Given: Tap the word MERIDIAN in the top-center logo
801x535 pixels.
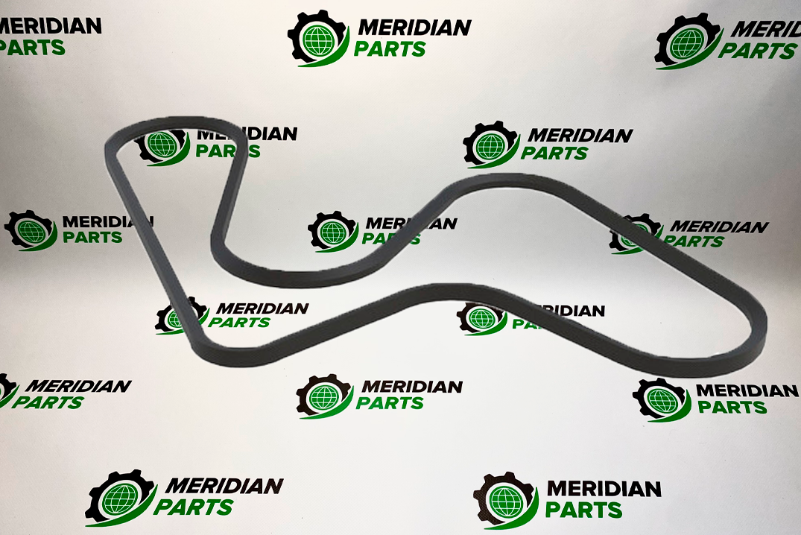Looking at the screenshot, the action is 414,28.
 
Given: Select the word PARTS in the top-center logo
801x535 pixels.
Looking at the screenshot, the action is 390,50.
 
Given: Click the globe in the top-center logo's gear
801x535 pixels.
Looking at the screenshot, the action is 317,41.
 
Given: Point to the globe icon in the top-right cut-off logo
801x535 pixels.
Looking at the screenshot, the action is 688,44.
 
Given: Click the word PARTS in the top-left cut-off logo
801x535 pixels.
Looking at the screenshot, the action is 32,48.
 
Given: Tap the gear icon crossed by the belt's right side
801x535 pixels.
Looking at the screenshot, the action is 633,233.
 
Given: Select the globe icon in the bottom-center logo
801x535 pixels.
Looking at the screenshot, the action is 324,396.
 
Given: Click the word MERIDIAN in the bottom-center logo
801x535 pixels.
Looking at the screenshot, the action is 412,387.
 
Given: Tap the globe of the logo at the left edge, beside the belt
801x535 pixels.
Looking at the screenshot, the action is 31,232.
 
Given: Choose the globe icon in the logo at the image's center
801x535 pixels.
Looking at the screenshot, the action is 333,232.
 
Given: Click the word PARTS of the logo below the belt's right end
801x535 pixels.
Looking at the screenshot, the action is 732,408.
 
